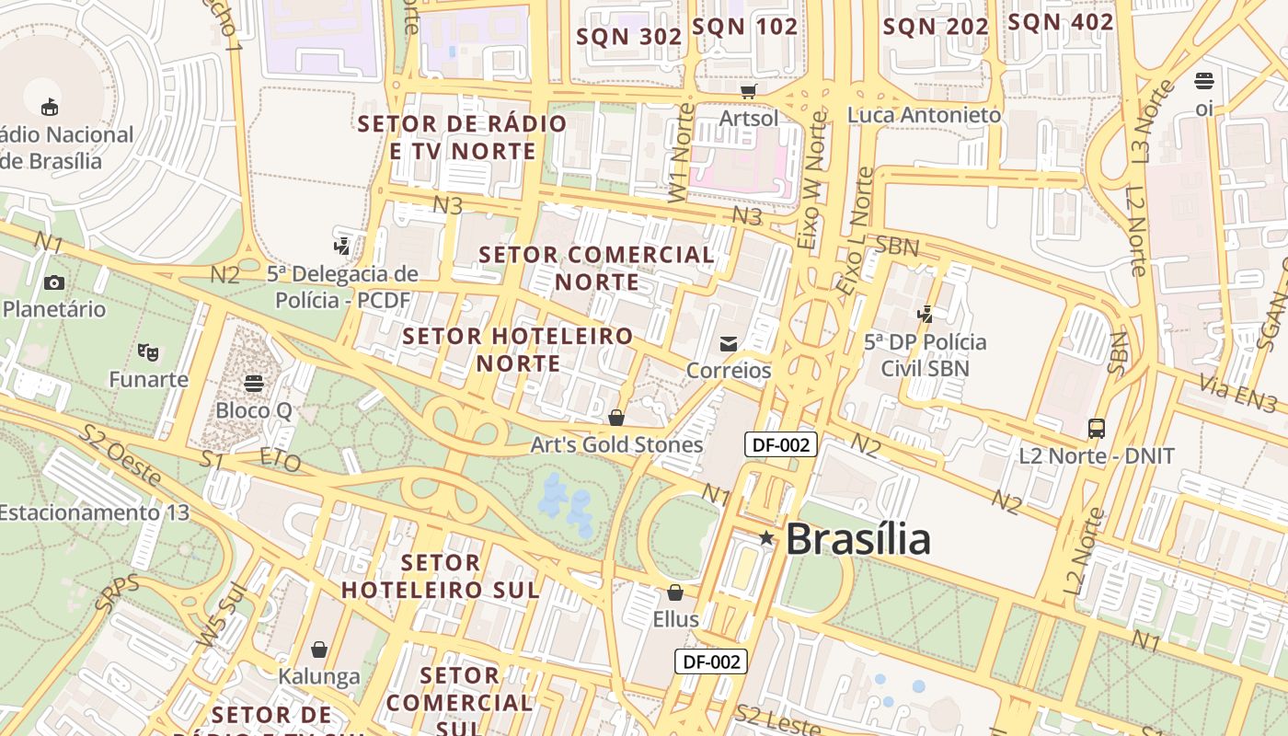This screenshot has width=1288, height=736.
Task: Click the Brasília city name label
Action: pyautogui.click(x=857, y=539)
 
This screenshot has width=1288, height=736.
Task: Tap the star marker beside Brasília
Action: pyautogui.click(x=765, y=537)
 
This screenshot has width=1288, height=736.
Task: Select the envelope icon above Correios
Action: pyautogui.click(x=729, y=344)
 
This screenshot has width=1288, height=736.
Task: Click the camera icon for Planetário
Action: pyautogui.click(x=54, y=282)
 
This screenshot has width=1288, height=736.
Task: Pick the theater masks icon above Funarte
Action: pyautogui.click(x=147, y=351)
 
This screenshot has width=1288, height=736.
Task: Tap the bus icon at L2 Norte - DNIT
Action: pyautogui.click(x=1097, y=428)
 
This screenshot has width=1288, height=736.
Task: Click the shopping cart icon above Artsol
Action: pyautogui.click(x=748, y=91)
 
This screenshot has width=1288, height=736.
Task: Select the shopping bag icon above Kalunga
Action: pyautogui.click(x=319, y=650)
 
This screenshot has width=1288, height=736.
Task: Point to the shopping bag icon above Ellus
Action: pyautogui.click(x=675, y=592)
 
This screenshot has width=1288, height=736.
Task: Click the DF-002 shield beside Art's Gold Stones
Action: pyautogui.click(x=780, y=445)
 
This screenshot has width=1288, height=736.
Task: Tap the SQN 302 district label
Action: pyautogui.click(x=629, y=37)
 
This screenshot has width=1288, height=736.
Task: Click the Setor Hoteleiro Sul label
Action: pyautogui.click(x=441, y=576)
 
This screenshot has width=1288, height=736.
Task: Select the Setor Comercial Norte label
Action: pyautogui.click(x=597, y=268)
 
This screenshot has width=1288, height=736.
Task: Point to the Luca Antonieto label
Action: pyautogui.click(x=924, y=115)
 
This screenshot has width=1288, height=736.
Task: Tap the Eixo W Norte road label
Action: pyautogui.click(x=812, y=182)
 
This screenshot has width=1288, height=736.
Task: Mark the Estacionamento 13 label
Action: pyautogui.click(x=94, y=512)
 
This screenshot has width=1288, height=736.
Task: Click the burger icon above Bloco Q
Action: pyautogui.click(x=254, y=383)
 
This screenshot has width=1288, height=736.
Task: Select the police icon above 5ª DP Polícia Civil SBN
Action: pyautogui.click(x=926, y=315)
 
